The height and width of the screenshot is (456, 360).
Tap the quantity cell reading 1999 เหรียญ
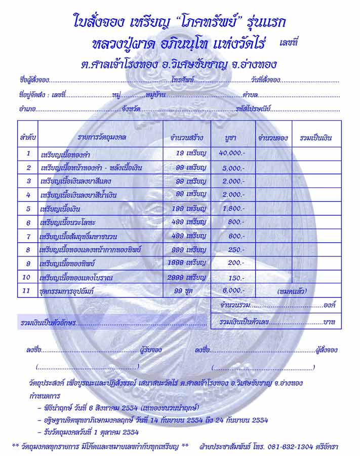click(x=187, y=262)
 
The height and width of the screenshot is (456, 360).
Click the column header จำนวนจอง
click(x=273, y=138)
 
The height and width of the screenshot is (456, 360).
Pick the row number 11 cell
click(x=28, y=291)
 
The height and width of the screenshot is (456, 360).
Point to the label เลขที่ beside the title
click(x=289, y=45)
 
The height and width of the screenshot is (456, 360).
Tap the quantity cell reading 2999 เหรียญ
click(x=187, y=277)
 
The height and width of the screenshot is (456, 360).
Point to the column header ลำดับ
click(x=28, y=138)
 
